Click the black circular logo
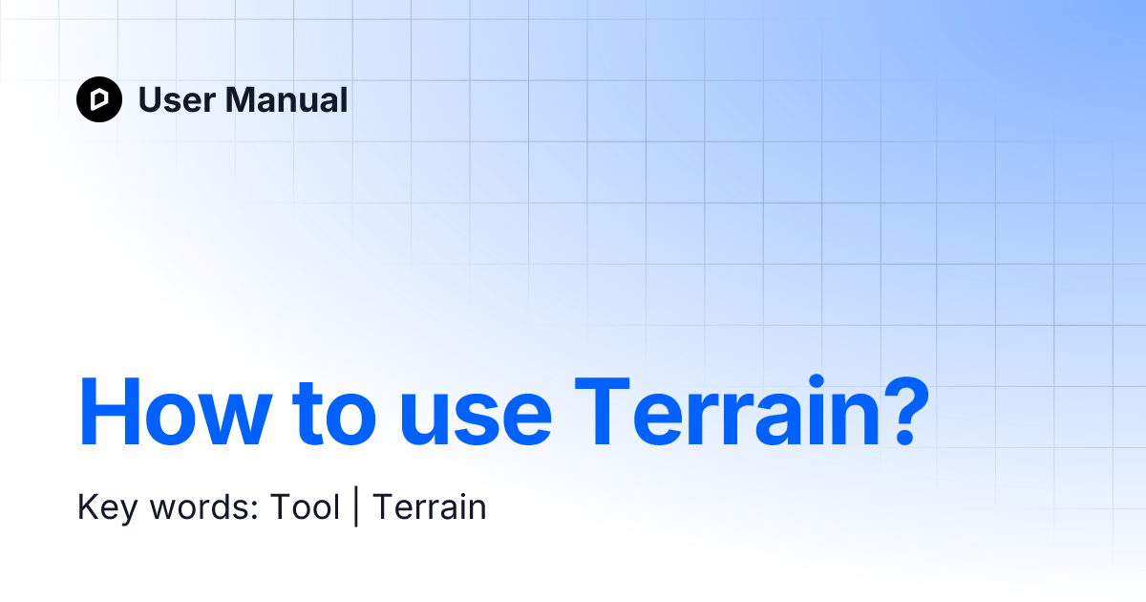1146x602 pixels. point(99,99)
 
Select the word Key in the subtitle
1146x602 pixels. point(104,507)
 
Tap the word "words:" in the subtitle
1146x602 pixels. point(202,507)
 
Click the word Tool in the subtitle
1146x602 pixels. point(305,506)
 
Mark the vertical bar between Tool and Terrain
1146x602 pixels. point(356,507)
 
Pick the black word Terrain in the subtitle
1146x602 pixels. point(429,506)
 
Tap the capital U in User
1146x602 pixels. point(149,99)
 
